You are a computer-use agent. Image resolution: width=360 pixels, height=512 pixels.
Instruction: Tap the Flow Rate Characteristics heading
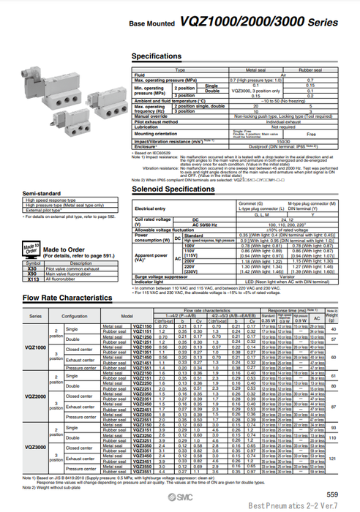point(67,298)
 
